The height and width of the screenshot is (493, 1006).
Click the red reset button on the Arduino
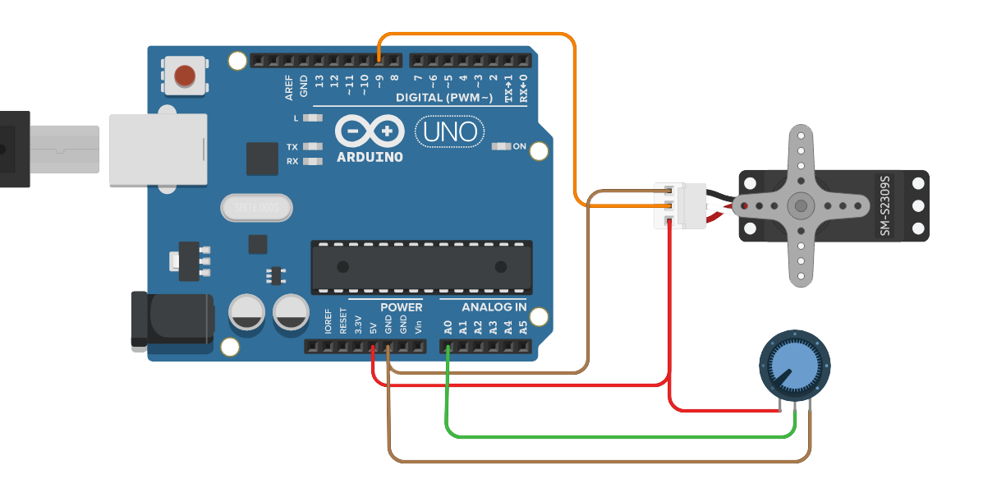pyautogui.click(x=186, y=76)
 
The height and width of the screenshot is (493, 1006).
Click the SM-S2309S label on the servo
pyautogui.click(x=885, y=205)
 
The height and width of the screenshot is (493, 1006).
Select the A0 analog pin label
pyautogui.click(x=448, y=327)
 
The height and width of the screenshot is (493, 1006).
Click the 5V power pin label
pyautogui.click(x=374, y=327)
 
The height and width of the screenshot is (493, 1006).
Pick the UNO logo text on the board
pyautogui.click(x=450, y=131)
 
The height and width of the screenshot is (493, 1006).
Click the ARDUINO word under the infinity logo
pyautogui.click(x=370, y=156)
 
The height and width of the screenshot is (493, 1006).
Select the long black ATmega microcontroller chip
pyautogui.click(x=421, y=267)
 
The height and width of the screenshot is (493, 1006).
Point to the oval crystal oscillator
pyautogui.click(x=257, y=208)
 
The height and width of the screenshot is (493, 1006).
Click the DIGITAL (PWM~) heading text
pyautogui.click(x=444, y=98)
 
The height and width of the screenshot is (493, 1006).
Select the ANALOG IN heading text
pyautogui.click(x=494, y=307)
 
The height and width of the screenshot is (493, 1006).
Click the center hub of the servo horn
pyautogui.click(x=800, y=205)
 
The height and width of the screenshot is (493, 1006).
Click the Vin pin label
pyautogui.click(x=418, y=327)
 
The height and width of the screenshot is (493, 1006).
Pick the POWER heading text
pyautogui.click(x=401, y=307)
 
